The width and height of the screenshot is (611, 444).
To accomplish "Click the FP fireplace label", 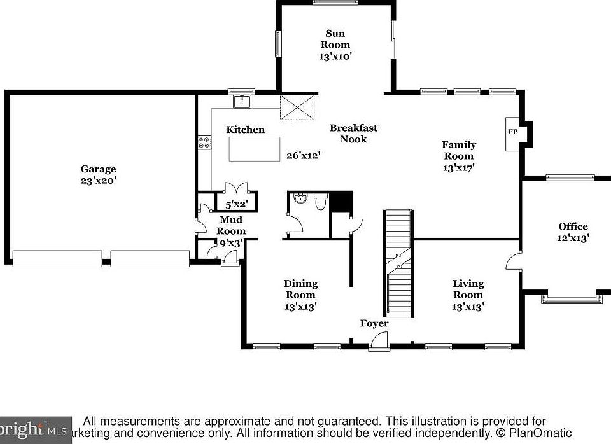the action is coord(513,132).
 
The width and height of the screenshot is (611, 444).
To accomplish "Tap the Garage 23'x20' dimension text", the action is coord(99,181).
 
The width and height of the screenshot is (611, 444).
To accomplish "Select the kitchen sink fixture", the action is coord(242,101).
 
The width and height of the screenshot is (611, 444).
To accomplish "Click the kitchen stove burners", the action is coord(204,142).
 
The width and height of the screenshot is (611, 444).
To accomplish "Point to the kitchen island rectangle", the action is coord(255,149).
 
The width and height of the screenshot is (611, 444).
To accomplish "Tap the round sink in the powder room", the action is coord(300,198).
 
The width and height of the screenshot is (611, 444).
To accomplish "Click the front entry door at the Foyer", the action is coord(379,341).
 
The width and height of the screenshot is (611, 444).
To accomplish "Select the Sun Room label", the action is coord(335,39).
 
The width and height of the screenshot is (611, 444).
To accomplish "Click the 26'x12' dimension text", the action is coord(304,156).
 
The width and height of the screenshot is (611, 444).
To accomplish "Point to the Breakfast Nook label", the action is coord(353,134).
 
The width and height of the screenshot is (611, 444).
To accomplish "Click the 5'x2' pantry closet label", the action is coord(237,204).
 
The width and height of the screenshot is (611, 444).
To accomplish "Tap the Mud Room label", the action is coord(231,225).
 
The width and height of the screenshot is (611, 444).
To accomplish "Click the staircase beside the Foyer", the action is coord(398,263).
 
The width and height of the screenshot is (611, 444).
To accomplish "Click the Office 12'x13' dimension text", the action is coord(573,238).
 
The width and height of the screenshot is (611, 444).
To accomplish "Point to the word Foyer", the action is coord(374,323).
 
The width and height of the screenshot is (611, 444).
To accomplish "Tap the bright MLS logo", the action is coord(36,431).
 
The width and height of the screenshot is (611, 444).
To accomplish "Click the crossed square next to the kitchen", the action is coord(297,108).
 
